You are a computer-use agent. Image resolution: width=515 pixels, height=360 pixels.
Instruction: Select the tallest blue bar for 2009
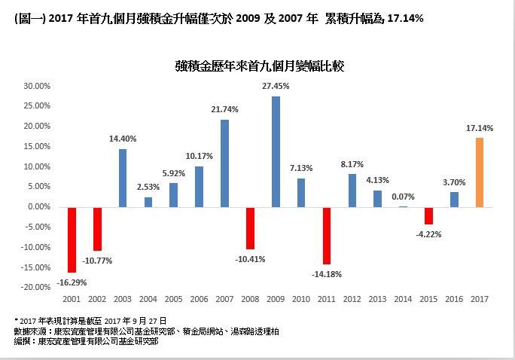pos(276,151)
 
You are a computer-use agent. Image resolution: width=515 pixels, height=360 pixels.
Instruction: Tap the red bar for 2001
pos(72,239)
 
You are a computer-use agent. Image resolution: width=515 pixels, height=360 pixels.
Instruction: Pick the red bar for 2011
pos(326,235)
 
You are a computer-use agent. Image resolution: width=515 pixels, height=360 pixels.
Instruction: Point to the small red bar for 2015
pos(428,215)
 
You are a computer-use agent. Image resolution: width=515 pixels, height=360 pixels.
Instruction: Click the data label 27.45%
pos(276,87)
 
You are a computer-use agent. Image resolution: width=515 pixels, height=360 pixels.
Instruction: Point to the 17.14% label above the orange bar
pos(479,129)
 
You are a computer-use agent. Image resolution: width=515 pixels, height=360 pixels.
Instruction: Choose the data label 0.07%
pos(403,196)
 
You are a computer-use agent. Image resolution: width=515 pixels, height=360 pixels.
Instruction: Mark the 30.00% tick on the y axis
pos(36,86)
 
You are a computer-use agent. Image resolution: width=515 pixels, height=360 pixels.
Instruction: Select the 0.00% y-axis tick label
pos(38,206)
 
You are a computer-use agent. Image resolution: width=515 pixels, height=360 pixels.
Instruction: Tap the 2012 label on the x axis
pos(352,300)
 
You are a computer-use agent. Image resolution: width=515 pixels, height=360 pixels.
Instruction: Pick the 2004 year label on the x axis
pos(148,300)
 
